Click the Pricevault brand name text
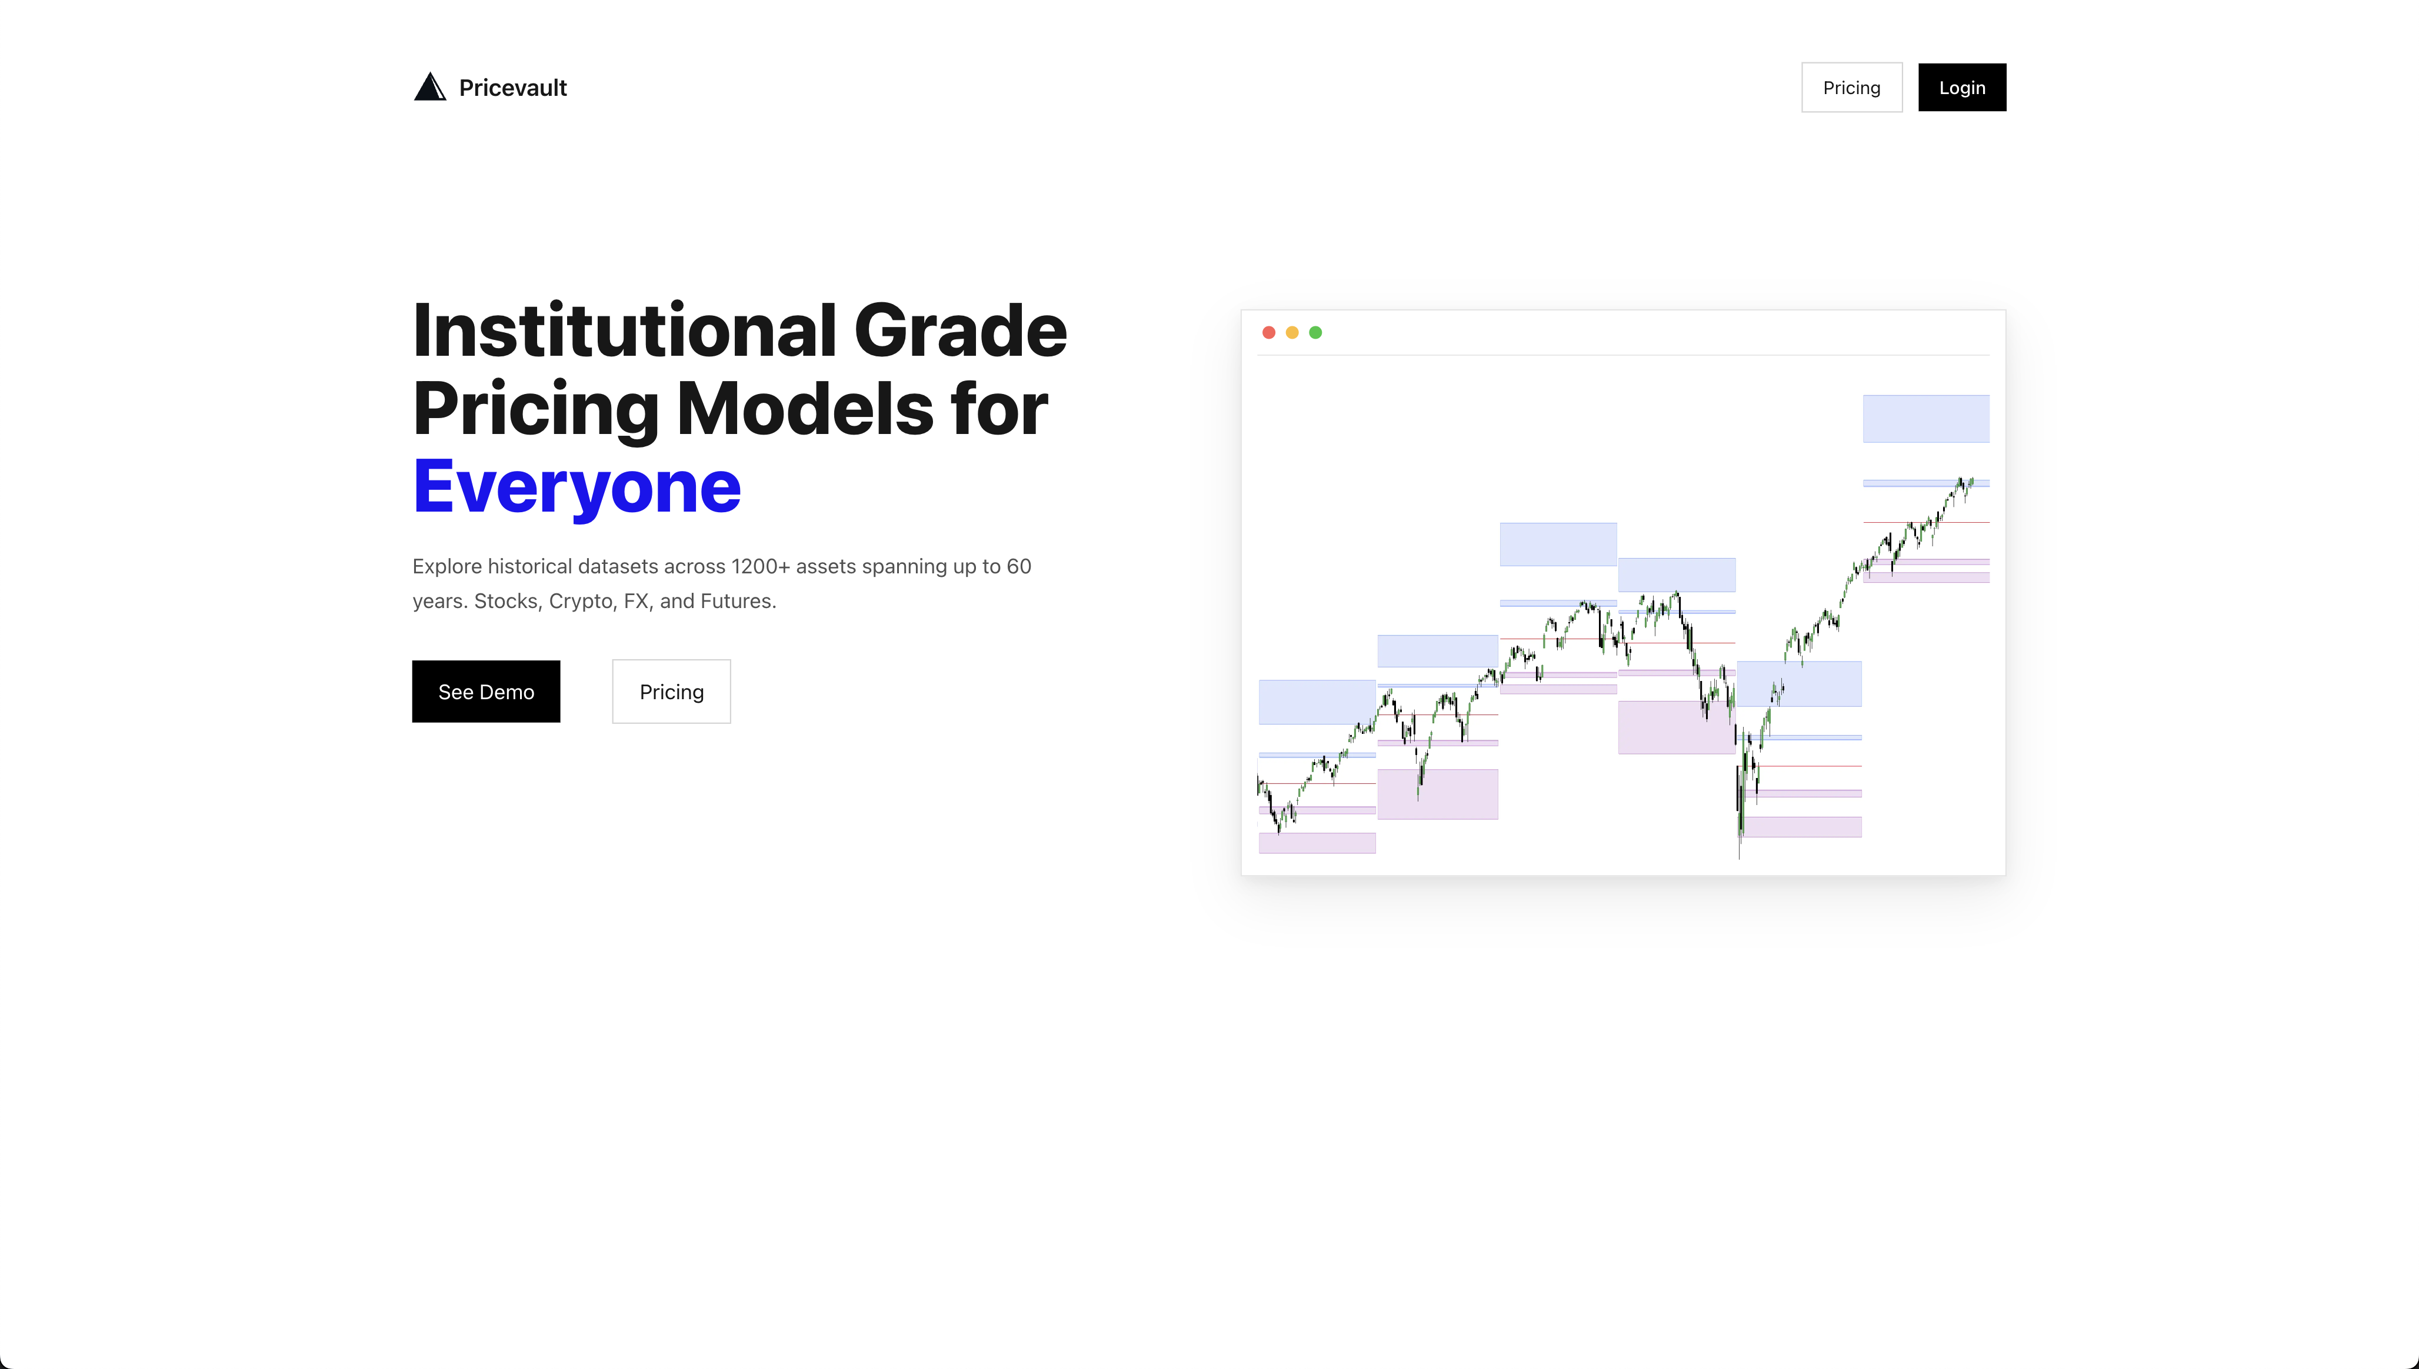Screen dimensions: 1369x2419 point(512,88)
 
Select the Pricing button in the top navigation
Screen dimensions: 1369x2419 point(1851,88)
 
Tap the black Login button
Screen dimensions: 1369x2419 point(1962,88)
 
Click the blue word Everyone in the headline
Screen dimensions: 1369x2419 point(577,486)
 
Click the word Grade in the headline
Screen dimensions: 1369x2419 point(960,331)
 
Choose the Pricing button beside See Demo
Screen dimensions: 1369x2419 point(671,692)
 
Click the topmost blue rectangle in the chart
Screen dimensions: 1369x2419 point(1925,419)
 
